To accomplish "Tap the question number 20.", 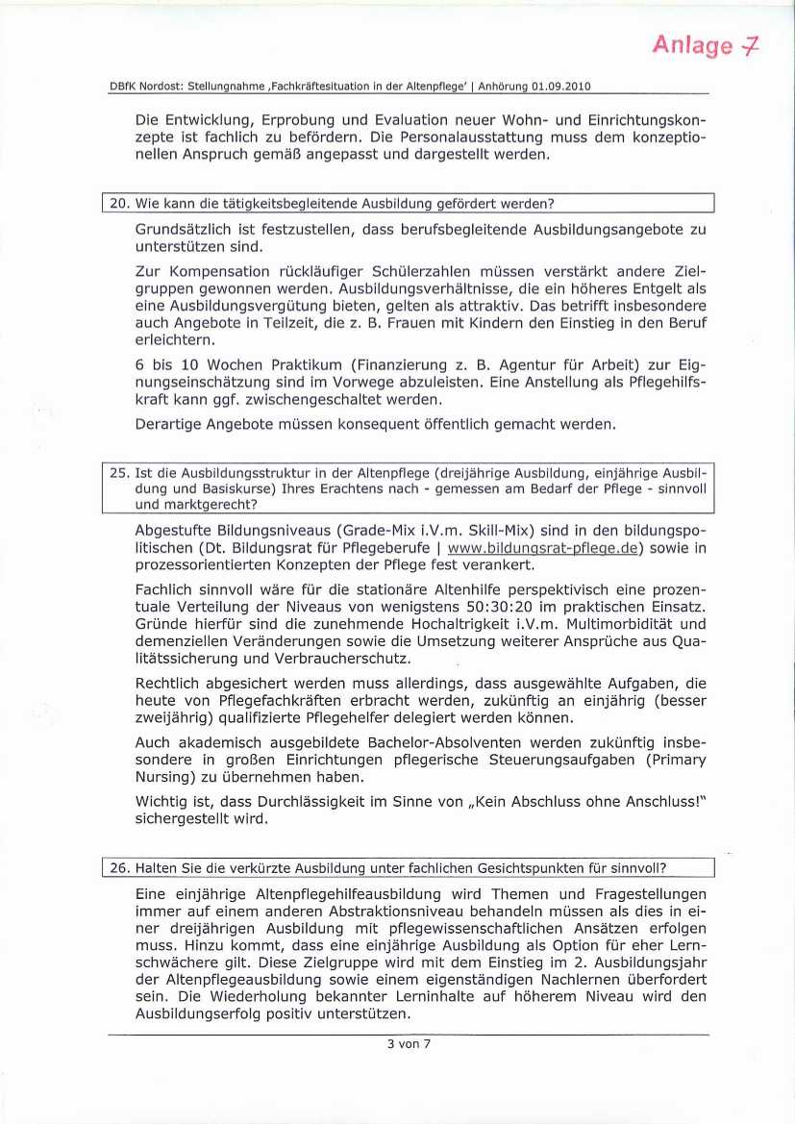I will (x=119, y=203).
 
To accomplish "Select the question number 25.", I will (x=119, y=474).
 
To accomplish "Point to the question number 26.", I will (x=119, y=868).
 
